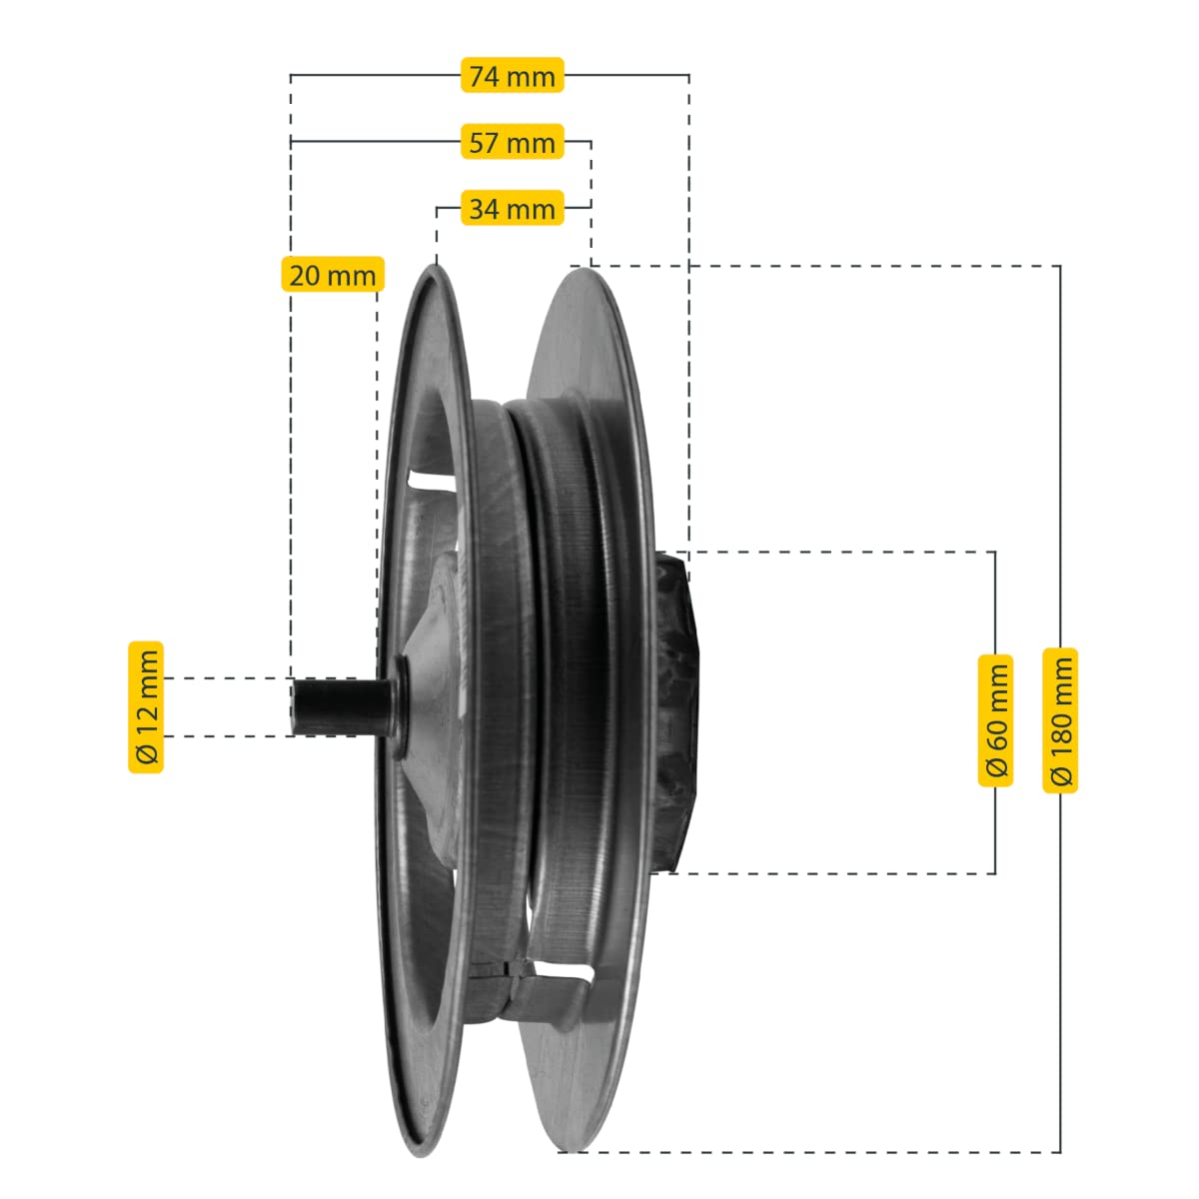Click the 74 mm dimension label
click(512, 75)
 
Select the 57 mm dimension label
click(512, 142)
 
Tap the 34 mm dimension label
click(512, 208)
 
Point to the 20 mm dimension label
click(333, 274)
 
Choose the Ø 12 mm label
click(146, 707)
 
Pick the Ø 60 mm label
click(995, 720)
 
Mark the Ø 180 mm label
click(1060, 720)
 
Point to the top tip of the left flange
click(435, 266)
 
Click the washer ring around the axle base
click(402, 707)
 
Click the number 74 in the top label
click(484, 76)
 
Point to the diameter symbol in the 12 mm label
click(146, 754)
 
